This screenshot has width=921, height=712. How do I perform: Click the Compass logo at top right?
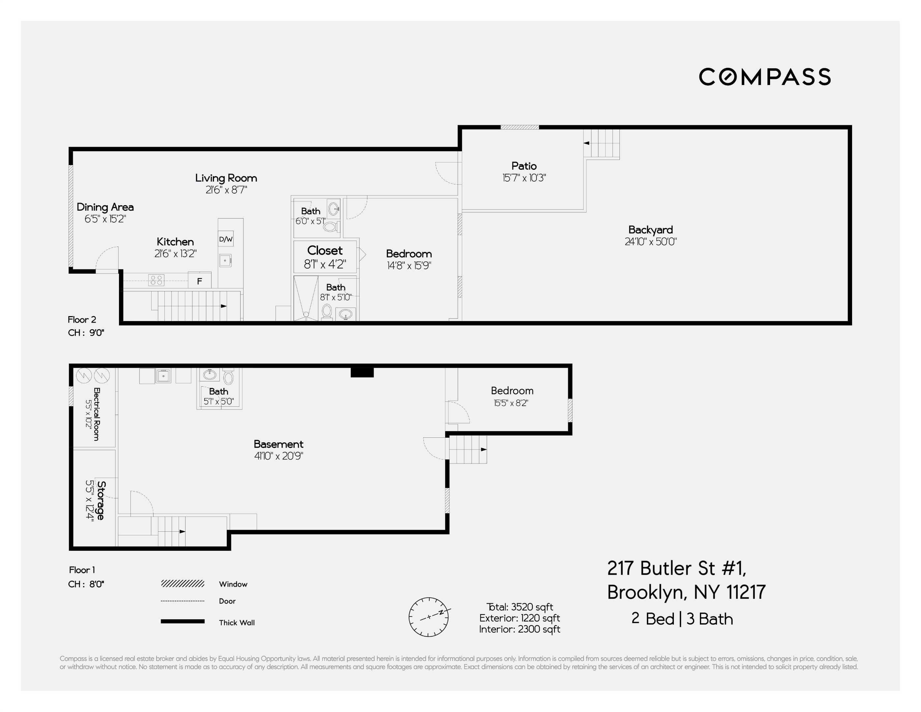(x=764, y=77)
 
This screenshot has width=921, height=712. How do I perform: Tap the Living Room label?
(x=226, y=178)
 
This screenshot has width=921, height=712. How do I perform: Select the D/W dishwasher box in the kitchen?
(x=226, y=239)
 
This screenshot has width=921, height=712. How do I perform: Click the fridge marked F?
(x=199, y=281)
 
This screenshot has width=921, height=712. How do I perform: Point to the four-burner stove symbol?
(x=156, y=280)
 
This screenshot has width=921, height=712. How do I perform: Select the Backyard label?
(x=650, y=230)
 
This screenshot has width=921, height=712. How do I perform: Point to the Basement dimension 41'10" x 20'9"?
(x=278, y=456)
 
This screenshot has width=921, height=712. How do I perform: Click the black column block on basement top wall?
(x=362, y=372)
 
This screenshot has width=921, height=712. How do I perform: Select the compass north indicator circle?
(x=428, y=617)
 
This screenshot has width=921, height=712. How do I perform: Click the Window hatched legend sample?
(x=183, y=584)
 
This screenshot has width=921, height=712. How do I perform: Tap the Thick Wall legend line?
(x=183, y=621)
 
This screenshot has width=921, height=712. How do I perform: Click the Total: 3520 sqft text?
(x=520, y=607)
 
